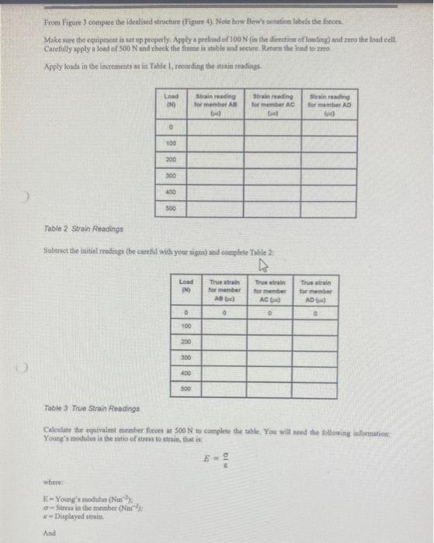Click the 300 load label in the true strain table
[186, 358]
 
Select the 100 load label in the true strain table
[186, 327]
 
